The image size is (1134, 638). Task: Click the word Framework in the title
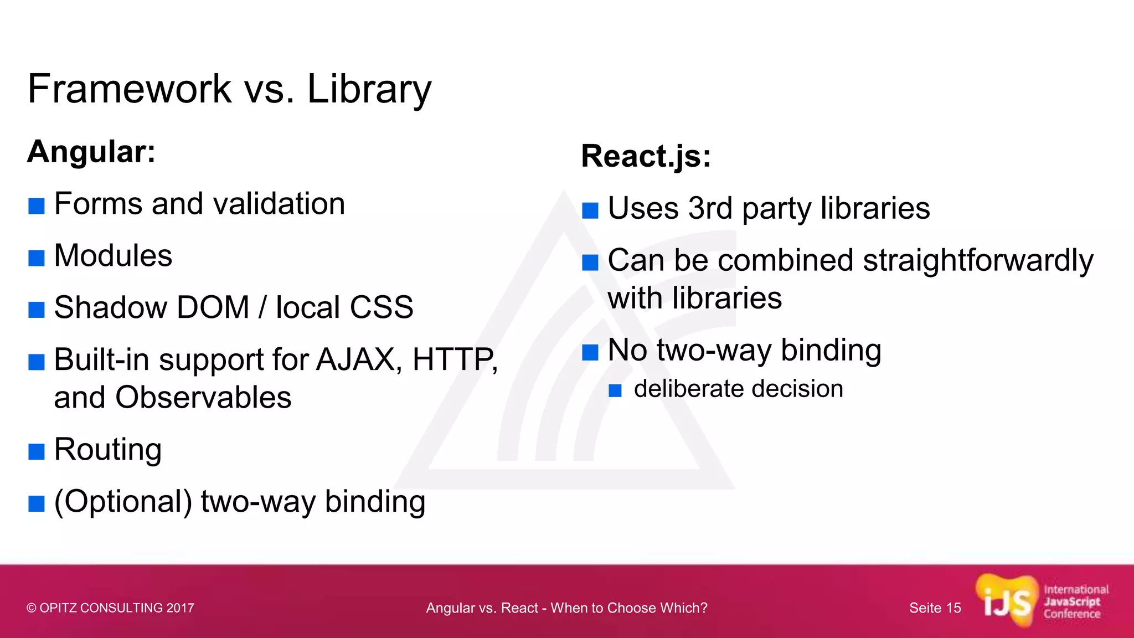click(130, 89)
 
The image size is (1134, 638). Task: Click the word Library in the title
click(369, 90)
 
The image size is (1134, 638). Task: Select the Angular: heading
click(91, 151)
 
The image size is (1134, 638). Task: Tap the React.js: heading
click(646, 156)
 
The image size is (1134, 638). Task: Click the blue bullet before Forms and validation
click(37, 206)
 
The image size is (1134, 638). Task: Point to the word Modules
click(113, 256)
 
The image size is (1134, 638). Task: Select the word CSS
click(382, 307)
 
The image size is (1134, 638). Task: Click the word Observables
click(203, 397)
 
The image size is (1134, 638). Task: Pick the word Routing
click(108, 449)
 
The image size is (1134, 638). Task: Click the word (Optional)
click(123, 502)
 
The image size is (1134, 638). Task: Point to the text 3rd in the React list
click(710, 208)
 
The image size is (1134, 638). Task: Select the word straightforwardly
click(978, 260)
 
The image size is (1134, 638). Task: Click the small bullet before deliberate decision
click(615, 391)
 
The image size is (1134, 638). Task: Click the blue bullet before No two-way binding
click(590, 352)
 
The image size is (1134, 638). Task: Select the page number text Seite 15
click(935, 608)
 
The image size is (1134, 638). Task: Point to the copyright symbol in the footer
click(32, 608)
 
